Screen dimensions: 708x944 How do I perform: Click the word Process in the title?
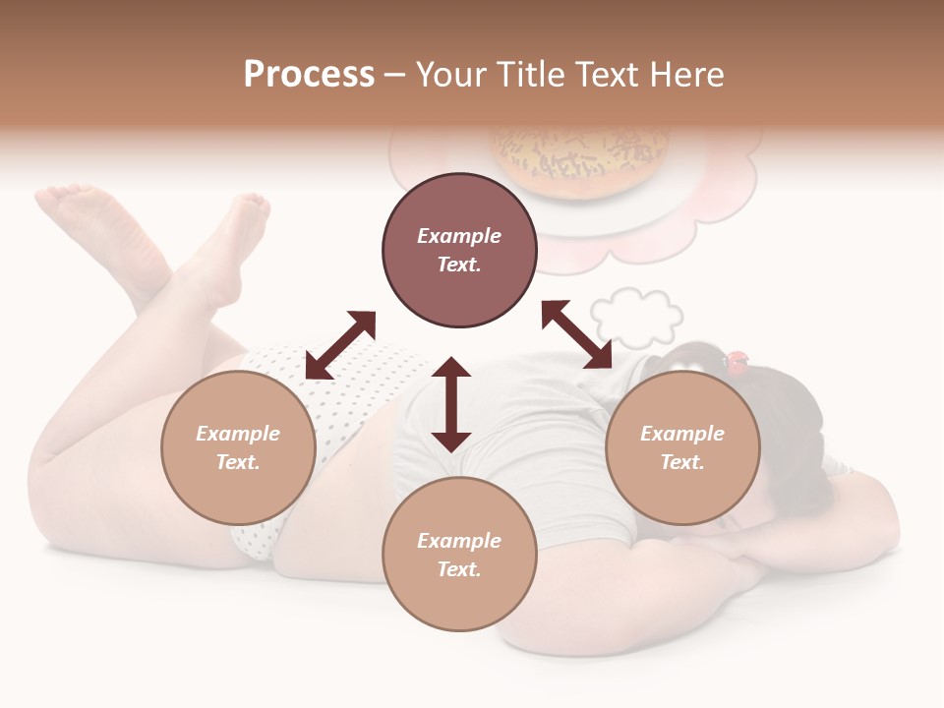coord(309,75)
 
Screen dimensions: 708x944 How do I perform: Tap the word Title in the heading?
coord(532,75)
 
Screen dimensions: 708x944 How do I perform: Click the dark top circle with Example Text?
coord(459,250)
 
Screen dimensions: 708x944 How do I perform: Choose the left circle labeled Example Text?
coord(238,447)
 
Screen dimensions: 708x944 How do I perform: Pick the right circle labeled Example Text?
coord(682,447)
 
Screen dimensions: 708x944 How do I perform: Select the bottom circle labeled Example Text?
coord(459,555)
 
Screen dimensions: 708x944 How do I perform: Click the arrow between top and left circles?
coord(340,345)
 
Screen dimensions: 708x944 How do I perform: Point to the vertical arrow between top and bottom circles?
coord(451,404)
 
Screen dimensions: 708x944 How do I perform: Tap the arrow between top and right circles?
coord(577,334)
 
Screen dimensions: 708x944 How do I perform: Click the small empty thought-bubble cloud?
coord(638,317)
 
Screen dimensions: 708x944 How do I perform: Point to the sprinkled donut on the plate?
coord(580,157)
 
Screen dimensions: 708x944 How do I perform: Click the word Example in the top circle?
coord(459,236)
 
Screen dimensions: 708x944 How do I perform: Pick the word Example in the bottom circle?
coord(459,541)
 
